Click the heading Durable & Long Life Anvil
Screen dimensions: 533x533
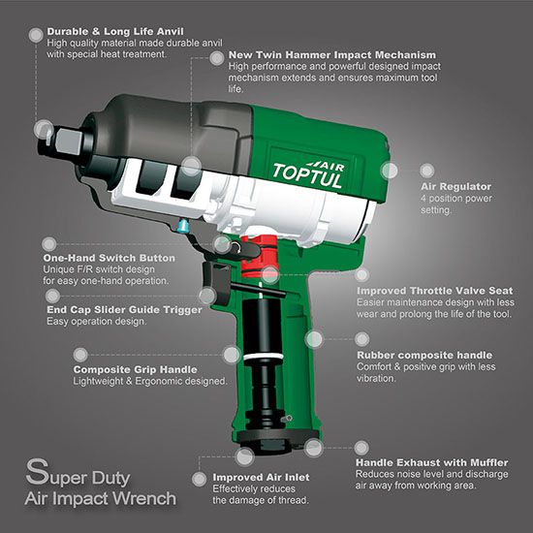click(x=115, y=32)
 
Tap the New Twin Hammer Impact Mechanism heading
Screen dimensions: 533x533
click(x=332, y=54)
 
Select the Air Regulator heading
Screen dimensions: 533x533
click(x=456, y=187)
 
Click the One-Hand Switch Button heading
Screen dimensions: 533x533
click(x=110, y=258)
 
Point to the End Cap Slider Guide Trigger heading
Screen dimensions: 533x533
click(x=124, y=310)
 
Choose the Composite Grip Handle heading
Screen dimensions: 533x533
click(x=136, y=369)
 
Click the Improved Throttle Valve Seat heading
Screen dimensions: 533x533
click(x=435, y=291)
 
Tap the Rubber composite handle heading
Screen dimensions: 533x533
click(x=424, y=356)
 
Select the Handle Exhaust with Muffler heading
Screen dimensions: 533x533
click(x=431, y=462)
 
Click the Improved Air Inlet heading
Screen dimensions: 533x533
click(x=261, y=477)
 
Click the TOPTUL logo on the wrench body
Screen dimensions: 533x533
click(x=308, y=174)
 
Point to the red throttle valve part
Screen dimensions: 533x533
click(x=260, y=255)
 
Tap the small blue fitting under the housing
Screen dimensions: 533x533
click(x=182, y=226)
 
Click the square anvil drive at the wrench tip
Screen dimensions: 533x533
click(x=68, y=141)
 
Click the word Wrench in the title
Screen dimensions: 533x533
click(x=144, y=499)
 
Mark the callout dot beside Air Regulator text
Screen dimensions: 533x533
click(x=427, y=171)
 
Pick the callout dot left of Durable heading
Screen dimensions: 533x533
click(x=36, y=35)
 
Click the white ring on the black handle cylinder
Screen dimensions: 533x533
click(x=263, y=357)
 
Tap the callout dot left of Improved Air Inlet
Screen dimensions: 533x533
click(x=200, y=480)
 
